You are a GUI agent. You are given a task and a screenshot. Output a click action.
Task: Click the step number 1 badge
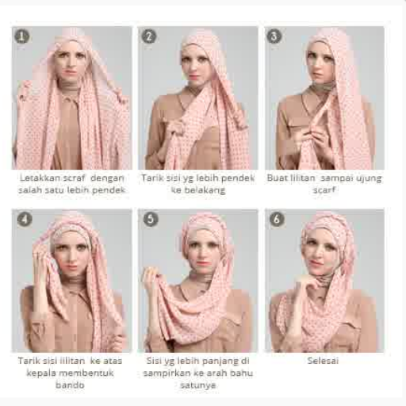(x=22, y=36)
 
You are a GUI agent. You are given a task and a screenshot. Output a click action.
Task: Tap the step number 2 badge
(x=149, y=36)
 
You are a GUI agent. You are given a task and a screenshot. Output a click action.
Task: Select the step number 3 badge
(x=274, y=36)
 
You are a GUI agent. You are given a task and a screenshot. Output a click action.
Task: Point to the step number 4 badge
(x=25, y=219)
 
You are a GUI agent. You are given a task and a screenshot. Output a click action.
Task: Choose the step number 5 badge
(x=151, y=219)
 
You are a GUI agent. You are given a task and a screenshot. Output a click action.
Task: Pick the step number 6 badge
(x=277, y=219)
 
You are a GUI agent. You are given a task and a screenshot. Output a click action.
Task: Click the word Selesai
(x=323, y=361)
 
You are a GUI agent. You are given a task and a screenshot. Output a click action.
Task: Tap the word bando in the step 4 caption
(x=70, y=385)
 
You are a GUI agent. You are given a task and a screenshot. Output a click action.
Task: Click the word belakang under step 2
(x=198, y=190)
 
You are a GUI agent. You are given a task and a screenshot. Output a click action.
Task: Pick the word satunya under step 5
(x=198, y=385)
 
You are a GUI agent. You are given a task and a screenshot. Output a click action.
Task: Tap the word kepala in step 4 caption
(x=40, y=373)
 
